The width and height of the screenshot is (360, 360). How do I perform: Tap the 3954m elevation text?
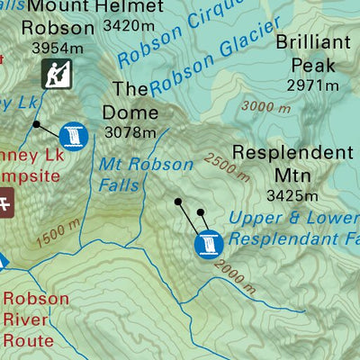[57, 47]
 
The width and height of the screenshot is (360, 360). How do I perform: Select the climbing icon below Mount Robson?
[58, 75]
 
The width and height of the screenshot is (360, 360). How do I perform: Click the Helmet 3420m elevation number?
[133, 25]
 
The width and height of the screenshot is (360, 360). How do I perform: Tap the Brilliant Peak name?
[306, 54]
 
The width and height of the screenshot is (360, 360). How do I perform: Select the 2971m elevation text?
[312, 86]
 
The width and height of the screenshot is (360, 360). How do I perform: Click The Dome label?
[130, 101]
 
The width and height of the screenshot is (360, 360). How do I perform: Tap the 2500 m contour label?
[229, 164]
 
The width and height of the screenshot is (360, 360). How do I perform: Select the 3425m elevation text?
[292, 195]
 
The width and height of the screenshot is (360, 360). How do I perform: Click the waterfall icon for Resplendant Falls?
[208, 243]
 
